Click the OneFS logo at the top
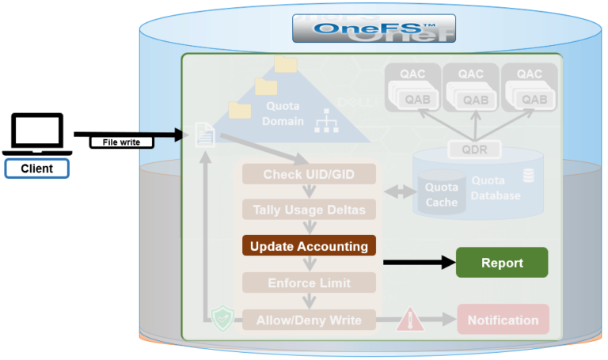[374, 28]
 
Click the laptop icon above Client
[36, 135]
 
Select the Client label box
[37, 168]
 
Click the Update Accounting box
[309, 246]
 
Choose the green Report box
[502, 263]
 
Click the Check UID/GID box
[309, 174]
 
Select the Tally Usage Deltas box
[309, 210]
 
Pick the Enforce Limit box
[309, 282]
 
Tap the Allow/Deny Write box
[309, 320]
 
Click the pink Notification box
[503, 320]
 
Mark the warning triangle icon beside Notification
[410, 319]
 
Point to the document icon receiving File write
[204, 135]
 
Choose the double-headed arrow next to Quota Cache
[398, 192]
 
